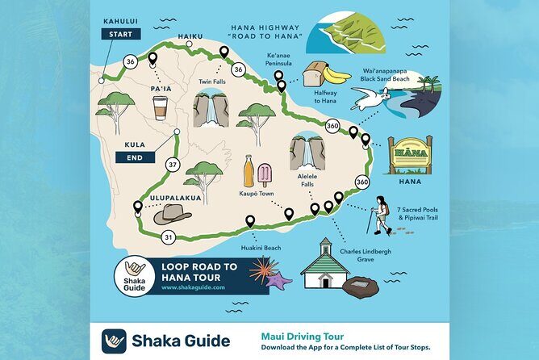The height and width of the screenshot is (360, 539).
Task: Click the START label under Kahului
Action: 121,34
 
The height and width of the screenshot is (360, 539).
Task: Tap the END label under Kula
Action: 129,158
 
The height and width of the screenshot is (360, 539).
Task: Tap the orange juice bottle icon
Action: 249,172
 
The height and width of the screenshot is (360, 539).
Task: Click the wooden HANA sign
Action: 411,153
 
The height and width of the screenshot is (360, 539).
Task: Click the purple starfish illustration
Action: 278,281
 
